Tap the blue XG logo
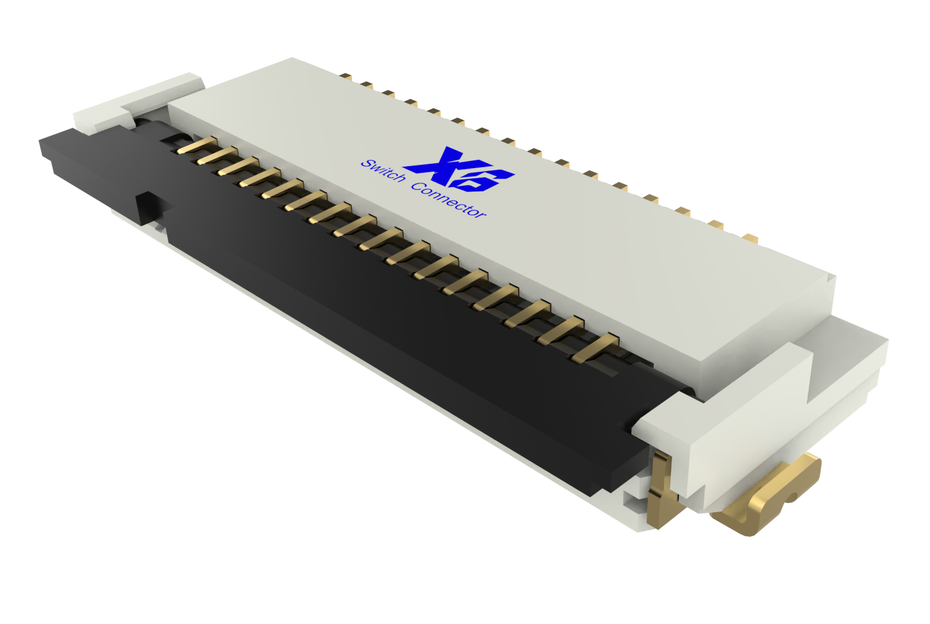pos(459,169)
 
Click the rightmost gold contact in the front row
pos(596,347)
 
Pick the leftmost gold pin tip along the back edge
pos(345,76)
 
